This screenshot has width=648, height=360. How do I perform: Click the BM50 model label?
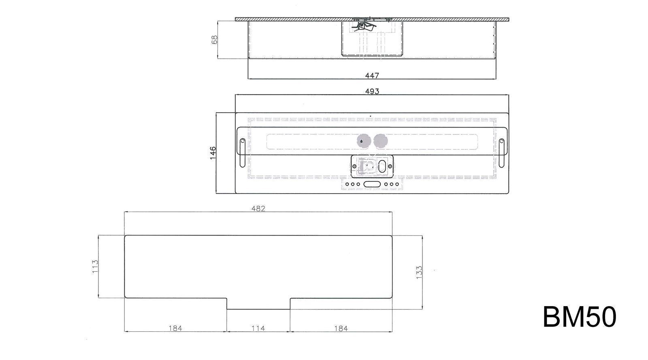click(x=579, y=317)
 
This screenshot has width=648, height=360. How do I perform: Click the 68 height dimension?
click(x=215, y=39)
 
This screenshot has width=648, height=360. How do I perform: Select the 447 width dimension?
click(x=372, y=75)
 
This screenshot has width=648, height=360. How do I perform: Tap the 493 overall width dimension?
click(x=372, y=91)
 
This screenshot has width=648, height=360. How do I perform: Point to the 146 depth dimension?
click(x=213, y=153)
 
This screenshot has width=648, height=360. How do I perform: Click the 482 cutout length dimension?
click(x=258, y=209)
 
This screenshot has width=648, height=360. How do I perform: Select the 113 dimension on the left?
click(x=95, y=266)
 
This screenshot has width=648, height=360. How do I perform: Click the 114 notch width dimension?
click(x=258, y=328)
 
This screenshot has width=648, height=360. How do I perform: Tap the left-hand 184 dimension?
click(x=175, y=328)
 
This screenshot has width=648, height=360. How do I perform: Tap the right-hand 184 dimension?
click(x=341, y=328)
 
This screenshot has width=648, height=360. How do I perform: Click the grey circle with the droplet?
click(x=362, y=141)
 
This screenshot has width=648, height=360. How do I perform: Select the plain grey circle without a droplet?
click(x=380, y=141)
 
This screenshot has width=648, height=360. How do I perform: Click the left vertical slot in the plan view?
click(x=242, y=153)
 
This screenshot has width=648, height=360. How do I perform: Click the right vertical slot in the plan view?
click(x=501, y=153)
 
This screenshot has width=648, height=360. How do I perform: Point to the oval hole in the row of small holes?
click(x=372, y=184)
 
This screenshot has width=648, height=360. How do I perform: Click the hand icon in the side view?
click(x=363, y=26)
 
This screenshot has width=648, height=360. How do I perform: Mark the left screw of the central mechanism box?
click(x=354, y=166)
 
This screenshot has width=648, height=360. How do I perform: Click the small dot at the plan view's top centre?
click(x=370, y=116)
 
